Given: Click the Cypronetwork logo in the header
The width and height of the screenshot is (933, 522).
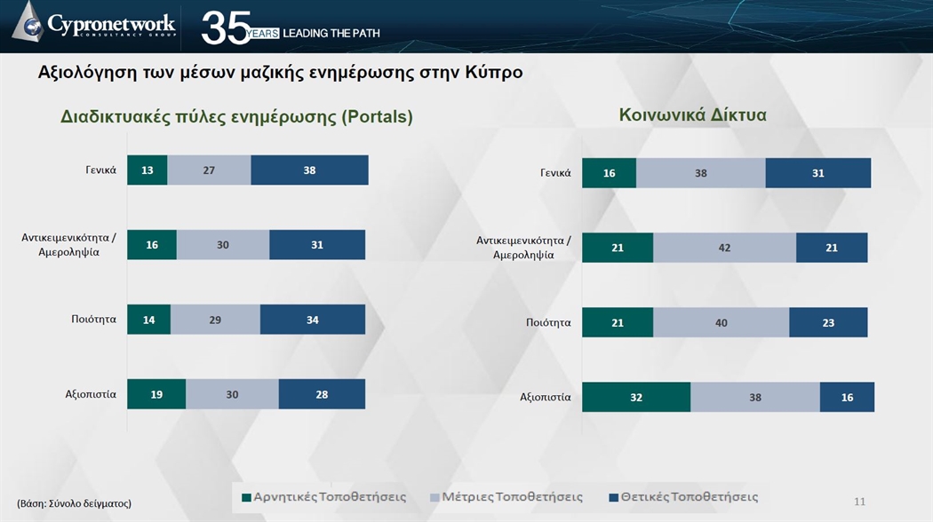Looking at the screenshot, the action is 94,24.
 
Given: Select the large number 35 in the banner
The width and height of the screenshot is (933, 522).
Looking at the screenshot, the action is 225,28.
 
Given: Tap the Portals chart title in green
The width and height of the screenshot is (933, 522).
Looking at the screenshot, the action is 236,116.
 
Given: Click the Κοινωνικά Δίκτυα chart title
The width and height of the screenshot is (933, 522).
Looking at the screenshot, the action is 692,115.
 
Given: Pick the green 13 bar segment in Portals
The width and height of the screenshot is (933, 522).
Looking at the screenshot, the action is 147,170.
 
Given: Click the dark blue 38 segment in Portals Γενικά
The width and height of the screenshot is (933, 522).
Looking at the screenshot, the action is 309,170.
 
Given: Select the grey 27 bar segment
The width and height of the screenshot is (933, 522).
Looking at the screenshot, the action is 209,170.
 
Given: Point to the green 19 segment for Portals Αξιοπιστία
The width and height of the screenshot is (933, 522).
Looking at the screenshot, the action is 156,394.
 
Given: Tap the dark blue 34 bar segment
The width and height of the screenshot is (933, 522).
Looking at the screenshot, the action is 313,320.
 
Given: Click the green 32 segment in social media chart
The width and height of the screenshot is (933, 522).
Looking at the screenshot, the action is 636,397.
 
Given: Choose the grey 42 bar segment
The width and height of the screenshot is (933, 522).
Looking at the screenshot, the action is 724,248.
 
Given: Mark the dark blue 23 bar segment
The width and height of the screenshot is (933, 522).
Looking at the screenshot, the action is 828,323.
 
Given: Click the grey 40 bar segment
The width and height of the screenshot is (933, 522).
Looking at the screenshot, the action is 722,323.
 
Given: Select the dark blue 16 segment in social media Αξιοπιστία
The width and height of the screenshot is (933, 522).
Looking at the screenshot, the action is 848,397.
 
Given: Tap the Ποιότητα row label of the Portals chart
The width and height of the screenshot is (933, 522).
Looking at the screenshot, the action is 94,320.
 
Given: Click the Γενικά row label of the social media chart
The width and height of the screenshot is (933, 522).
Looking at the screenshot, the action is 555,173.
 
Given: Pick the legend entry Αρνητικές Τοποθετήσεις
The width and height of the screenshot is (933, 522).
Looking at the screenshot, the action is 323,497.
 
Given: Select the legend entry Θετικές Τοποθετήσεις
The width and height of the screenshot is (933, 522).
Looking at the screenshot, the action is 683,497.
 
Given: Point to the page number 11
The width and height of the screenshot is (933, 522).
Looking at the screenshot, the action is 860,502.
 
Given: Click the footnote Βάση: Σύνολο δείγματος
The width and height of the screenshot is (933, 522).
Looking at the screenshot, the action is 75,503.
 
